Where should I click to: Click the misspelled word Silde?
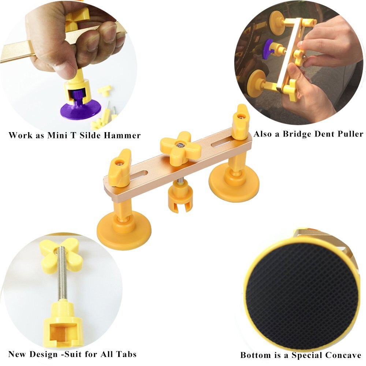pos(87,135)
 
